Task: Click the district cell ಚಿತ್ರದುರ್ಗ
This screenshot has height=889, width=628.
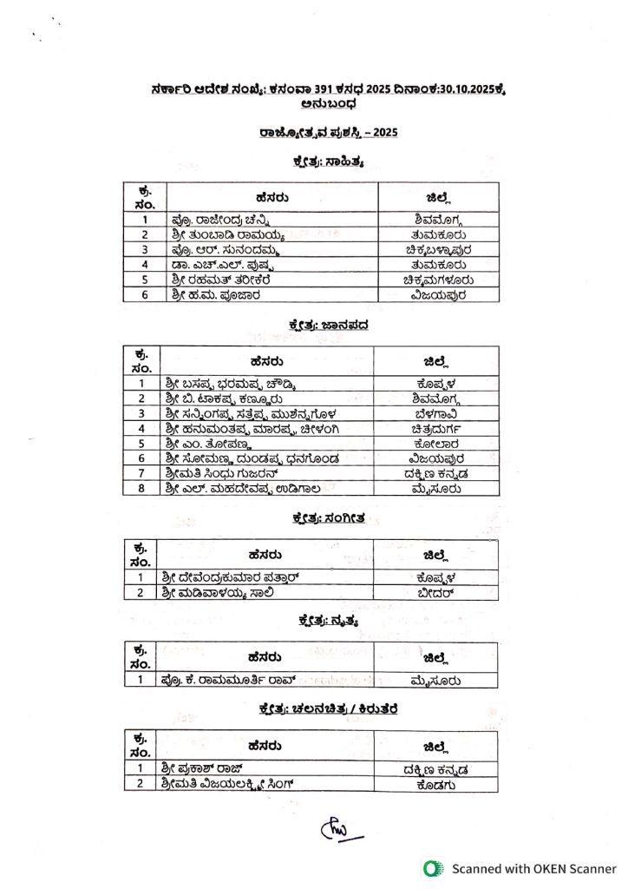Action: (437, 428)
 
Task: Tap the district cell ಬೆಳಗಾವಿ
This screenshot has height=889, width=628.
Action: (437, 413)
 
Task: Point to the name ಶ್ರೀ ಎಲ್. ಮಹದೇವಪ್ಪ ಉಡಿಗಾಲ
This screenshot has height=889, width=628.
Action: (231, 488)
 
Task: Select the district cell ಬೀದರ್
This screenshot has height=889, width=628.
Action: (436, 592)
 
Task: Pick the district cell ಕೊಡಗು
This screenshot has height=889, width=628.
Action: (436, 783)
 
